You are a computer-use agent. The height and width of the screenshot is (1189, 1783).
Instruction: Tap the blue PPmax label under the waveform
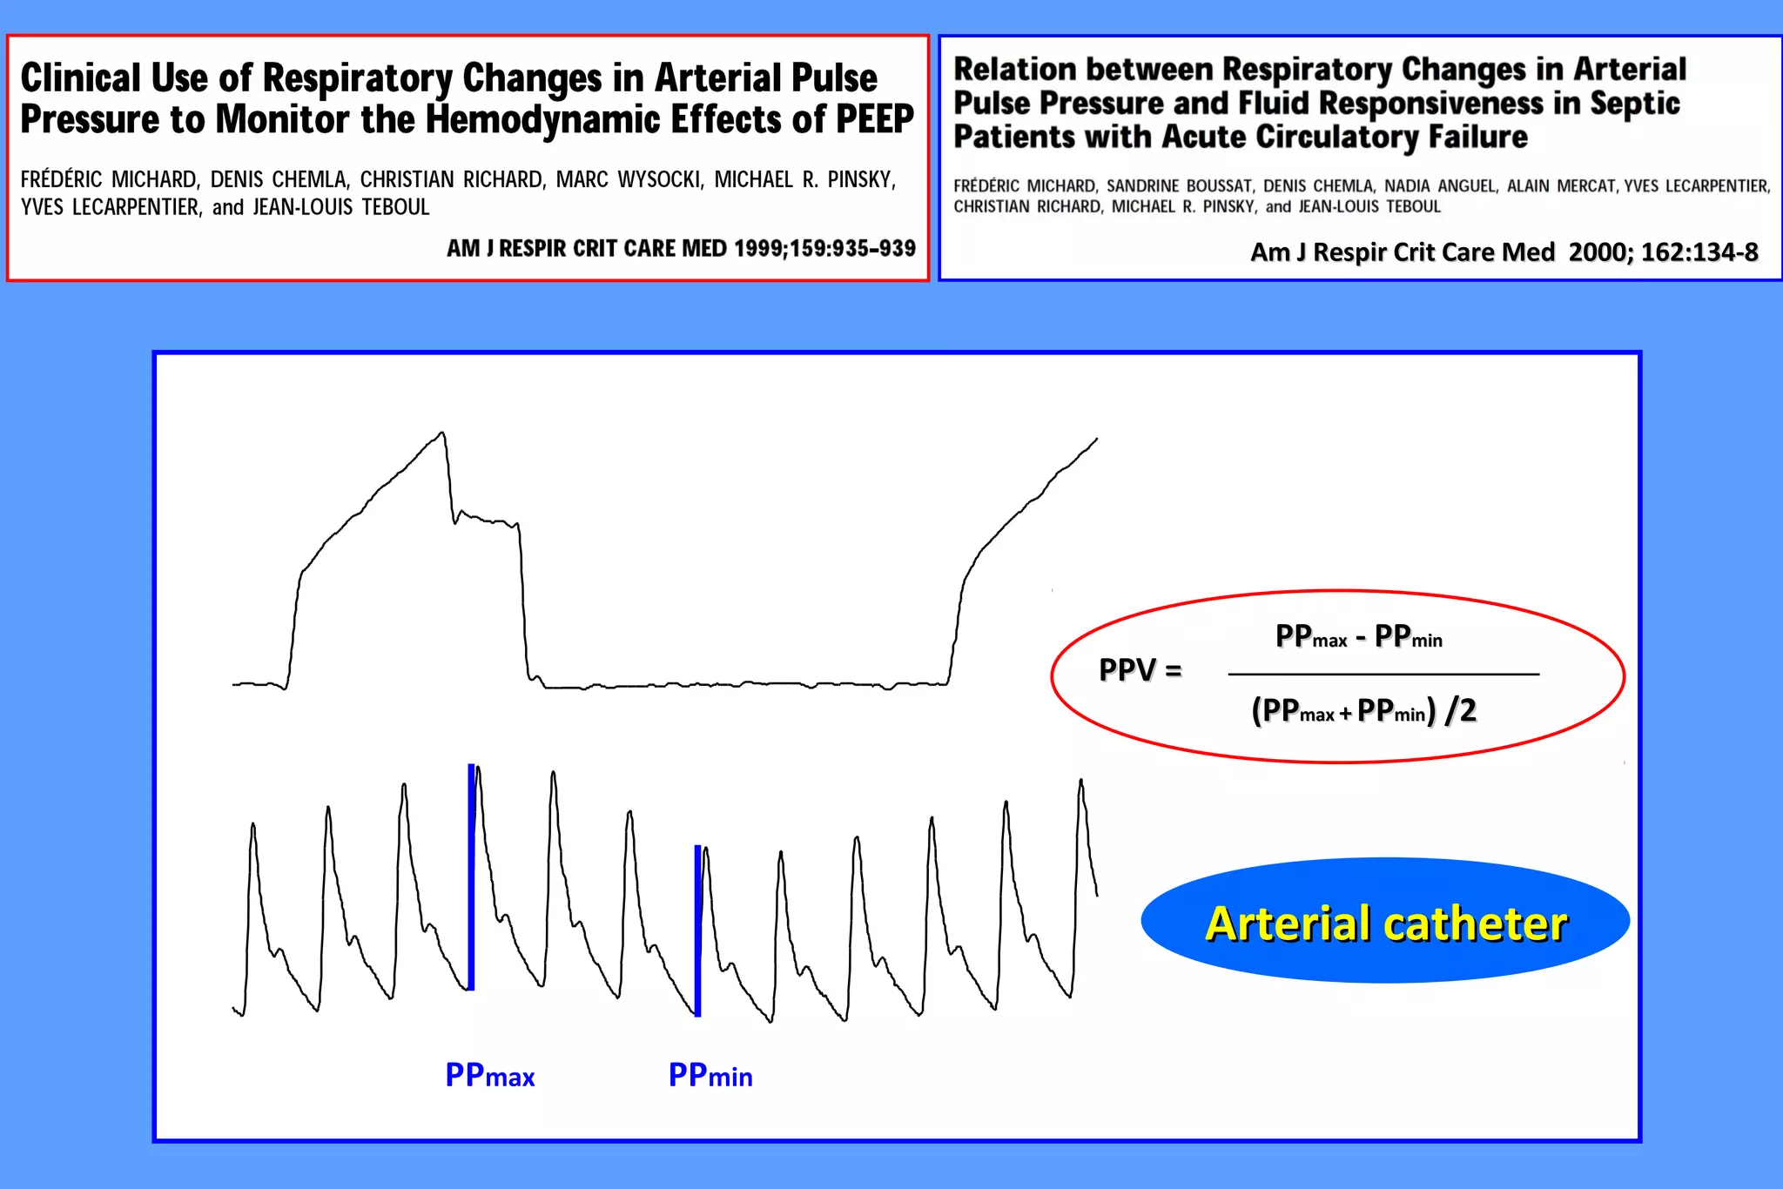click(489, 1076)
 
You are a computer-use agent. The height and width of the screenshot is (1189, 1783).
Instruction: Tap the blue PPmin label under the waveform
click(710, 1076)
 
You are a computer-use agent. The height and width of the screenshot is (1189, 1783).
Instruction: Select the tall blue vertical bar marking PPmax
click(471, 877)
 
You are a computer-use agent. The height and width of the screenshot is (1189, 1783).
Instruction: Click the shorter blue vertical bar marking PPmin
click(697, 930)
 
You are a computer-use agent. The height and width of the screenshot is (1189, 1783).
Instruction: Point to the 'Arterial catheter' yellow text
click(1386, 924)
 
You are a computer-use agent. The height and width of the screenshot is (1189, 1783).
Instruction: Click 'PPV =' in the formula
click(1140, 670)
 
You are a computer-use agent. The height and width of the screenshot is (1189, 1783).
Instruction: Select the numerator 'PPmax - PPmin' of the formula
click(1358, 637)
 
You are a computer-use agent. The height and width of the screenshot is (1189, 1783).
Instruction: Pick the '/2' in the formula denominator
click(1461, 711)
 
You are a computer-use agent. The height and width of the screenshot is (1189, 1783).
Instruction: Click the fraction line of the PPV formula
click(1383, 675)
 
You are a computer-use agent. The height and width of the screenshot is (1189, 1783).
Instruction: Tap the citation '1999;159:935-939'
click(824, 249)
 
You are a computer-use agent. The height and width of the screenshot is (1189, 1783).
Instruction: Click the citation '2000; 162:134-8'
click(1663, 252)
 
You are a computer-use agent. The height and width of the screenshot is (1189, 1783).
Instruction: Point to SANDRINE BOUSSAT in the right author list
click(1179, 186)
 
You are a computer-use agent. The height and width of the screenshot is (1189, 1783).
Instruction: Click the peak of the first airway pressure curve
click(442, 433)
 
